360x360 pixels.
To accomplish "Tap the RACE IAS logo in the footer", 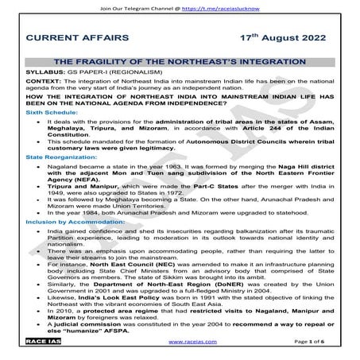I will (40, 350).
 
